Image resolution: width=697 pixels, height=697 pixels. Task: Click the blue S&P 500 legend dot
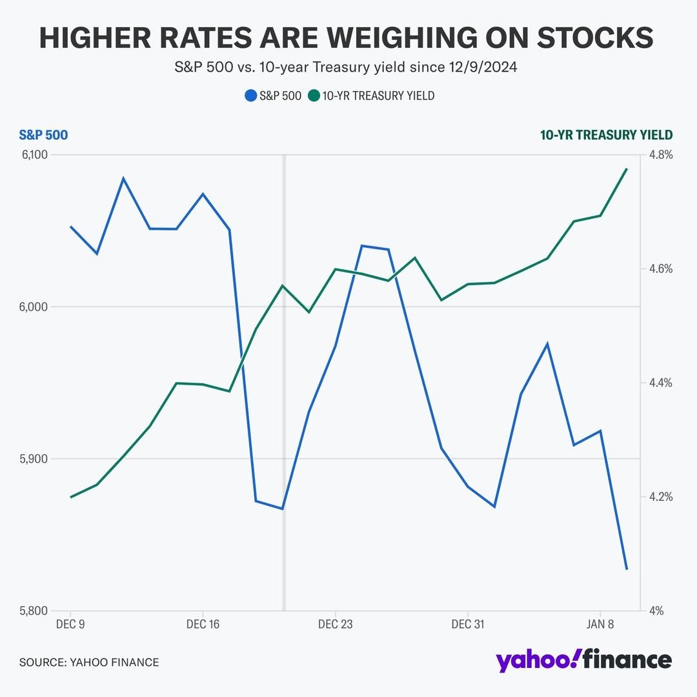pyautogui.click(x=250, y=96)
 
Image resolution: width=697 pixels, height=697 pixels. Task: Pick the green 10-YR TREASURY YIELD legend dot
pyautogui.click(x=314, y=96)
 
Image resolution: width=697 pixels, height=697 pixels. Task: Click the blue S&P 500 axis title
pyautogui.click(x=43, y=135)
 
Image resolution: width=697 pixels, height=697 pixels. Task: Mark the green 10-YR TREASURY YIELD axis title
pyautogui.click(x=606, y=135)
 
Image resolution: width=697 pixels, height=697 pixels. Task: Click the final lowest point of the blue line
pyautogui.click(x=627, y=569)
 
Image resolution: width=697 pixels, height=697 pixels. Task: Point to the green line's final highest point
pyautogui.click(x=627, y=169)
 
